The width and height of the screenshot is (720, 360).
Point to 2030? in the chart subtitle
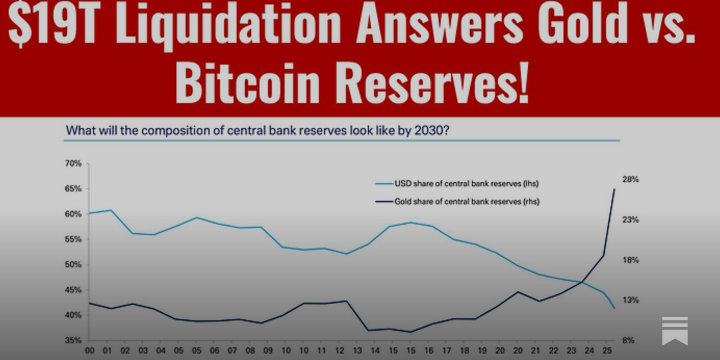click(x=432, y=130)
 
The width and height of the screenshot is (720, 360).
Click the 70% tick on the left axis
click(x=73, y=164)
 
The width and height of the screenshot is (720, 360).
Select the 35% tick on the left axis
click(x=73, y=340)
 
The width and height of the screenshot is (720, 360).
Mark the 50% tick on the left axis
click(x=73, y=265)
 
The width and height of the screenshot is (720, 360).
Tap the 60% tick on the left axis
click(x=73, y=214)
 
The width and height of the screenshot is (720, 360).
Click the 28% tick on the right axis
click(x=630, y=180)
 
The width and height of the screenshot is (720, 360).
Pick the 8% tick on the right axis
click(x=628, y=340)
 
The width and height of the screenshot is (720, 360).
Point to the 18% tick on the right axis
click(x=630, y=260)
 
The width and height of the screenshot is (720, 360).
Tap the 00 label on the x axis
click(x=90, y=351)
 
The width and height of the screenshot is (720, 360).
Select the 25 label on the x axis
click(x=607, y=351)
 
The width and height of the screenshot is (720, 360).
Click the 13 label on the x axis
click(x=357, y=351)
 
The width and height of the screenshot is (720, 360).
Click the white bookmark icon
click(x=675, y=330)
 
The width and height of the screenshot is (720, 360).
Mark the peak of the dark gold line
click(x=614, y=189)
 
